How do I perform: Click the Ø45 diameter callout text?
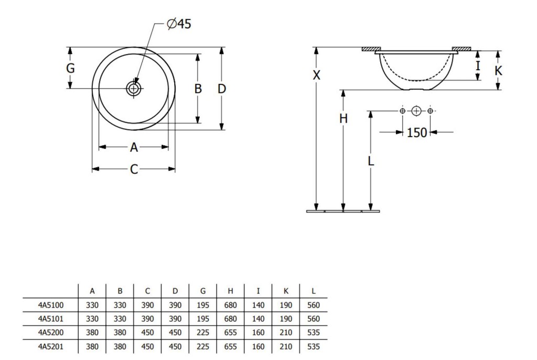(179, 24)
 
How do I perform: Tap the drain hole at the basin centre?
(134, 89)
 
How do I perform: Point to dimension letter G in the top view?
(70, 68)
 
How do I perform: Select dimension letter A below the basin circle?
(134, 147)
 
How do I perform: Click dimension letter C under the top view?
(134, 169)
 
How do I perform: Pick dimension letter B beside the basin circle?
(198, 89)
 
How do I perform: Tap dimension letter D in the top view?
(222, 89)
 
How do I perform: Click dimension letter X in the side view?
(316, 75)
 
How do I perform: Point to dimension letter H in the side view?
(343, 119)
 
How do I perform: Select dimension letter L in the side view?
(371, 161)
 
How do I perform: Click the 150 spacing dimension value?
(417, 132)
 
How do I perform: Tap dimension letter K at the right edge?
(498, 71)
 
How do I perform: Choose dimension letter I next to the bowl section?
(478, 65)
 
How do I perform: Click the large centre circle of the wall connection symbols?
(416, 111)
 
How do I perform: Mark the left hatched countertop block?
(372, 49)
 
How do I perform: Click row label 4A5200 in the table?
(51, 333)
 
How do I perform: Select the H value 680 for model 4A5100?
(230, 305)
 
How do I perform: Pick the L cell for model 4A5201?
(314, 347)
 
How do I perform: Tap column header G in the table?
(203, 291)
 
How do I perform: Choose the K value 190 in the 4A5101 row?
(286, 319)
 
